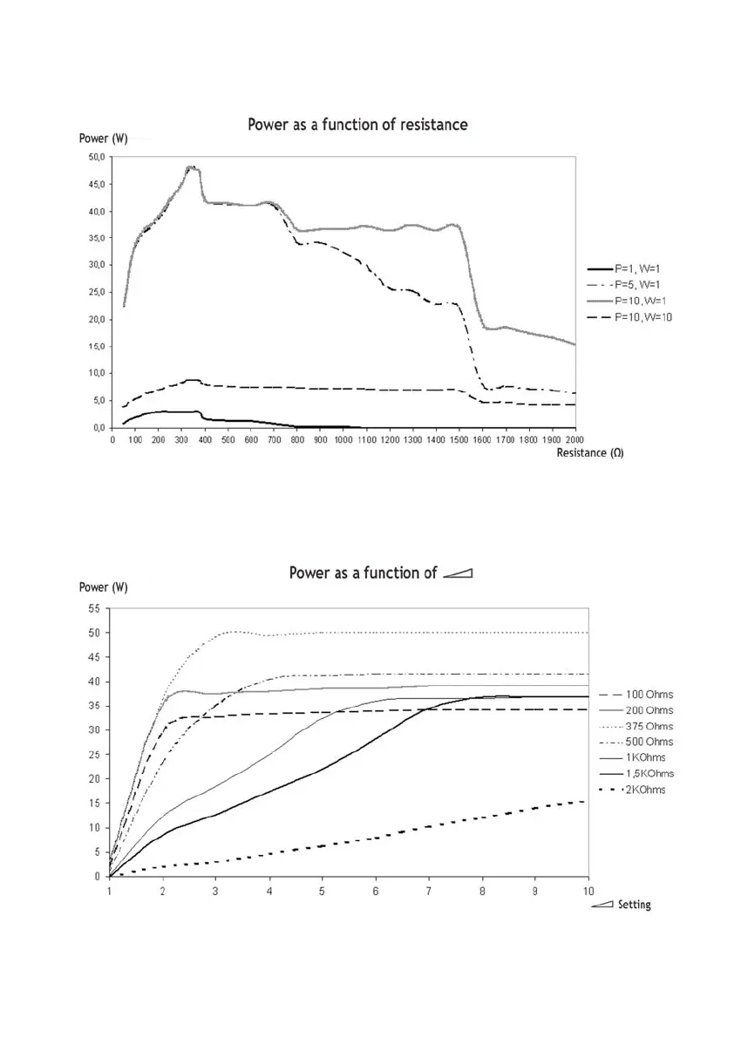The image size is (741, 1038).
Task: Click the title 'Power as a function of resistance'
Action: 357,125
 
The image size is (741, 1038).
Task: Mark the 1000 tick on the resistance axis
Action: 344,440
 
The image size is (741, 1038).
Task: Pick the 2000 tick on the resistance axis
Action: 575,440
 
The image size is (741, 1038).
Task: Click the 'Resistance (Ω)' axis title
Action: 590,453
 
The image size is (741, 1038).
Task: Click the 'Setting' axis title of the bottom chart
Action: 634,905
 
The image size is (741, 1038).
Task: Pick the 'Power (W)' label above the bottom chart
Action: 104,587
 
